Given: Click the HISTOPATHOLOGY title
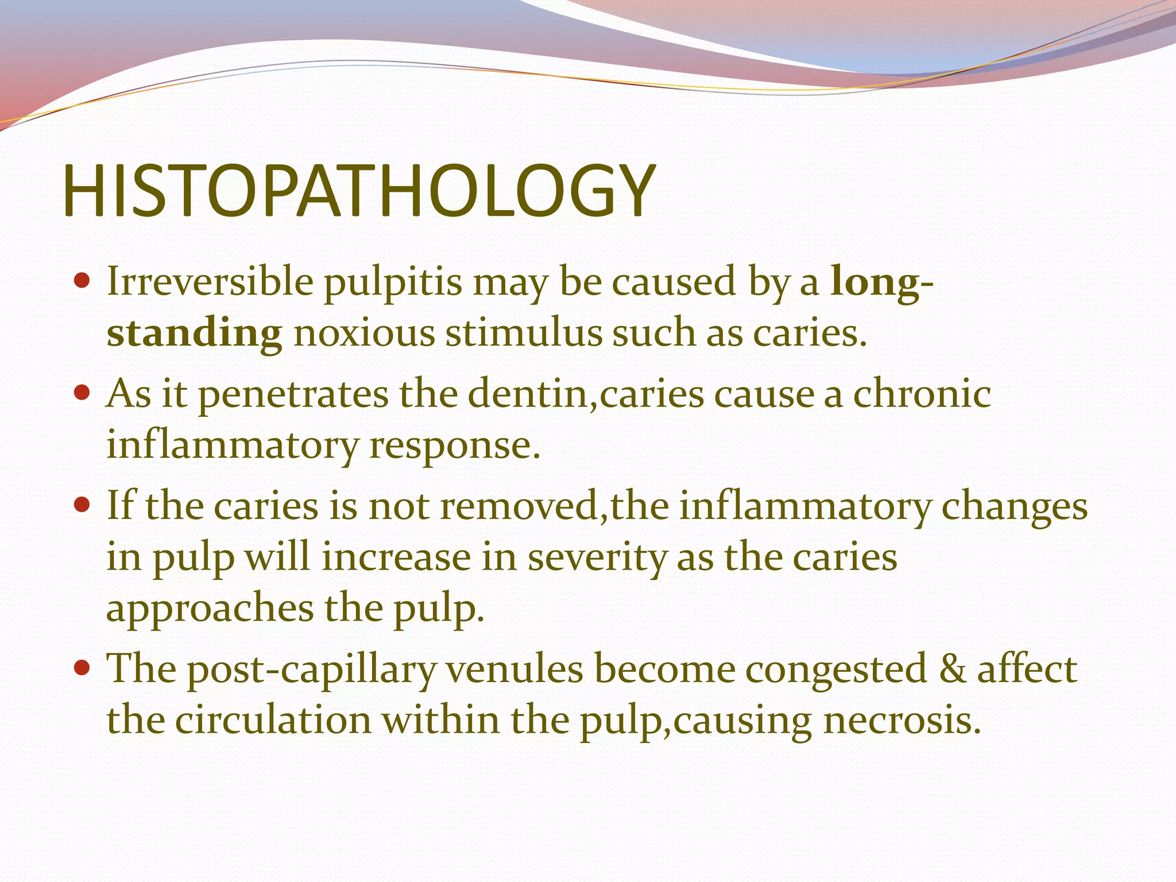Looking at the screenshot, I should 358,191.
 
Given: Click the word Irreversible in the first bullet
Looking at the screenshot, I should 210,281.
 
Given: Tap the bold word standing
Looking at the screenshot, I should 194,333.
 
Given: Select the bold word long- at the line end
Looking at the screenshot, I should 882,283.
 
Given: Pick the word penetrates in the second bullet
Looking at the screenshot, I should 293,395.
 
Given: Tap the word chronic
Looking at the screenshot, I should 922,394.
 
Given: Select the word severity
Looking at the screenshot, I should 597,558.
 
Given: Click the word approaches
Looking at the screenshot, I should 210,609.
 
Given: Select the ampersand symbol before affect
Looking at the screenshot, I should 952,669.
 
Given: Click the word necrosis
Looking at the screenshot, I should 902,720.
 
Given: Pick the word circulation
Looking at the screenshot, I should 273,720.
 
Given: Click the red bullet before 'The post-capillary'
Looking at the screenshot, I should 83,667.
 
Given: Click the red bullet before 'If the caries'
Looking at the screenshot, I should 83,505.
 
